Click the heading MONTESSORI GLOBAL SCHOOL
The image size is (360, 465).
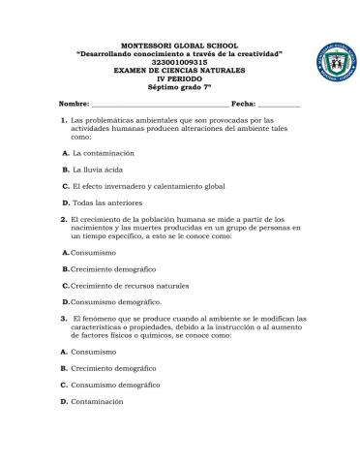coord(179,46)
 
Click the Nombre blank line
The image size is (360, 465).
coord(160,102)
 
